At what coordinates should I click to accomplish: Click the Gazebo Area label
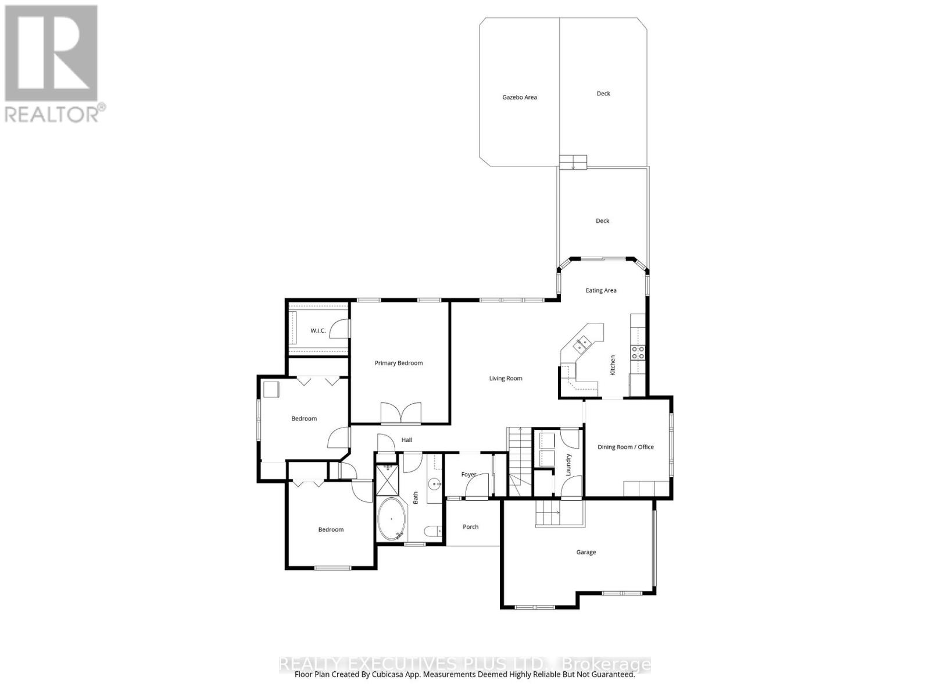pos(520,97)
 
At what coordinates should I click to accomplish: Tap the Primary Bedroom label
pos(399,363)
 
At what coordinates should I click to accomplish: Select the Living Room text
pos(506,378)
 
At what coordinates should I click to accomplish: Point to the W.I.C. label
pos(318,330)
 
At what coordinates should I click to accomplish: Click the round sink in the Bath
pos(434,483)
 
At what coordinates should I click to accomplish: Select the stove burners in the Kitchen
pos(638,351)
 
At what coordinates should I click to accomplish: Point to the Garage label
pos(586,552)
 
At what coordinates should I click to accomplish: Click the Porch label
pos(471,527)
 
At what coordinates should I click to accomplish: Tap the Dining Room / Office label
pos(626,447)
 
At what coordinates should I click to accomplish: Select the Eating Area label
pos(601,290)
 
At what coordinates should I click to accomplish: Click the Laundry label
pos(569,465)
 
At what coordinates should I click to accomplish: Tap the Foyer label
pos(468,475)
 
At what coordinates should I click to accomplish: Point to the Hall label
pos(407,440)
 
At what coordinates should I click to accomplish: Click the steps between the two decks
pos(574,162)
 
